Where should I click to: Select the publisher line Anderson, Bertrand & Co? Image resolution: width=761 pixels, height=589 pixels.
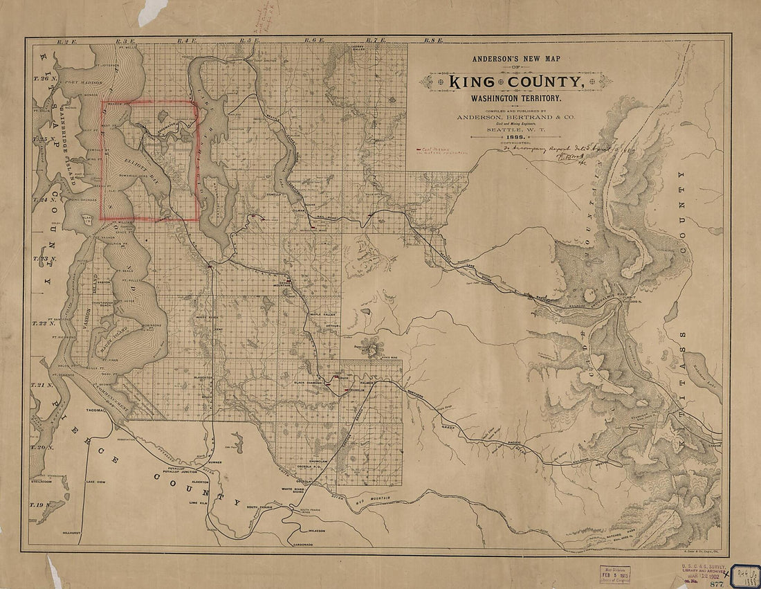pyautogui.click(x=515, y=118)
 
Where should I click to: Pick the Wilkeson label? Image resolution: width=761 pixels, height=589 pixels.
pyautogui.click(x=313, y=530)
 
